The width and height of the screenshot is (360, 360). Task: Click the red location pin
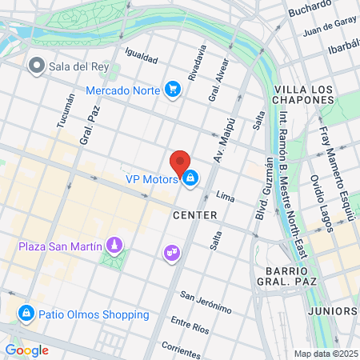tap(181, 161)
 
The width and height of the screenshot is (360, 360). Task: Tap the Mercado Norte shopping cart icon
tap(172, 90)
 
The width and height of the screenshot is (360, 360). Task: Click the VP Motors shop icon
tap(190, 179)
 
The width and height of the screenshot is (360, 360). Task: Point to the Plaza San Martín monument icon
tap(114, 244)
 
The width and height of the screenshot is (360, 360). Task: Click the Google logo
tap(26, 350)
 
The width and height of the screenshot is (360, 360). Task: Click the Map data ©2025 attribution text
tap(325, 354)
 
